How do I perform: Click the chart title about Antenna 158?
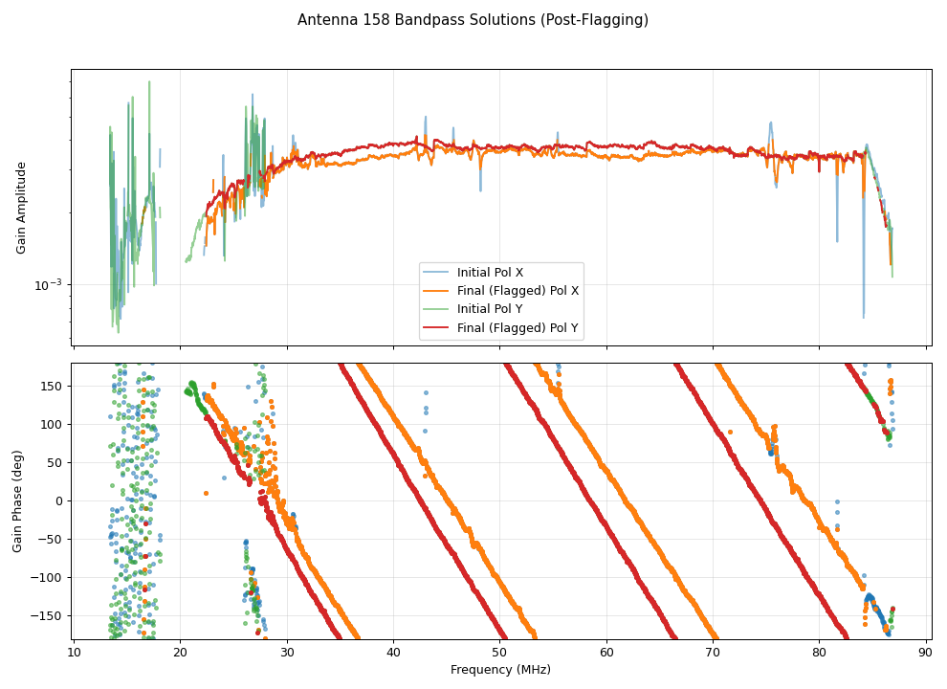[x=473, y=20]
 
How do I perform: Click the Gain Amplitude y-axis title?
[x=21, y=208]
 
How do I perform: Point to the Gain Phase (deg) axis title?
[x=18, y=501]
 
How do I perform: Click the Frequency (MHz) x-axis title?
[x=500, y=670]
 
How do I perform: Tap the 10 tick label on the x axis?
[x=75, y=653]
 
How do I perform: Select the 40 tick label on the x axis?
[x=393, y=653]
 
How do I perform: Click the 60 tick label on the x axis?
[x=606, y=653]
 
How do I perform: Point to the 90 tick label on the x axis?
[x=925, y=653]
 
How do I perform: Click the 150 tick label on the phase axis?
[x=53, y=386]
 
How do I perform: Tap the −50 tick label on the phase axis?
[x=53, y=539]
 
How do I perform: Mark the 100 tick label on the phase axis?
[x=53, y=424]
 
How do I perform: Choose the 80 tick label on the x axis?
[x=819, y=653]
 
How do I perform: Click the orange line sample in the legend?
[x=437, y=291]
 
